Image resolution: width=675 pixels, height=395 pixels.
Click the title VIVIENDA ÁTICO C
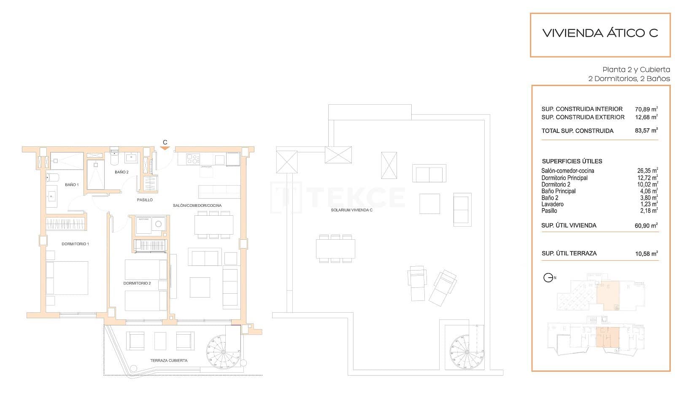599,33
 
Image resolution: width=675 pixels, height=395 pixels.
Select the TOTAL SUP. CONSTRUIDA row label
577,131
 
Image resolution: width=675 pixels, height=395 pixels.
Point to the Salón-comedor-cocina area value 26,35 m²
647,171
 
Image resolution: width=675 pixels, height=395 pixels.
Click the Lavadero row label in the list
552,204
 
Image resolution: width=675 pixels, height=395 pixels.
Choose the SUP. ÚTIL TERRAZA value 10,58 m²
646,254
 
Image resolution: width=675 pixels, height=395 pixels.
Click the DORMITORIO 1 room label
75,244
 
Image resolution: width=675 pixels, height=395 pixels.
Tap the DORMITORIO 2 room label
137,283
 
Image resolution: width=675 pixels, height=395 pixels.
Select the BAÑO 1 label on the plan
71,184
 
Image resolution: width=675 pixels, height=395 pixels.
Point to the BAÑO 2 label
121,172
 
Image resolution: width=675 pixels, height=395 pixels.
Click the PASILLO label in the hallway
145,200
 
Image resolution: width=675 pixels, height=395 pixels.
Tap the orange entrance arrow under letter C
165,148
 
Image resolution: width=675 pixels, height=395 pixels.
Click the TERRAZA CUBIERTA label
169,360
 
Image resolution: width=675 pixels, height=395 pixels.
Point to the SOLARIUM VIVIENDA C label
351,210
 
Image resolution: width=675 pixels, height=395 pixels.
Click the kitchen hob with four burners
193,159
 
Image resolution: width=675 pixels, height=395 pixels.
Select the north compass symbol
548,278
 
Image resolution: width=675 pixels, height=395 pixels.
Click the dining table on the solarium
335,249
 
